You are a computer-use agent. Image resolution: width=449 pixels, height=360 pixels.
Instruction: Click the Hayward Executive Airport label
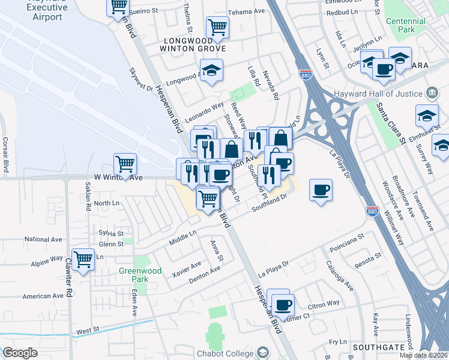pos(47,11)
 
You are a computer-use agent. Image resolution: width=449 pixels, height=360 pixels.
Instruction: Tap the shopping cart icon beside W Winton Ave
pos(125,163)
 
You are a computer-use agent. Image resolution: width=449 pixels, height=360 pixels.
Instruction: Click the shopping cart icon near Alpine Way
pos(83,259)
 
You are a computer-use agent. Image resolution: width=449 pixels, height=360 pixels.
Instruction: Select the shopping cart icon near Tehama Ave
pos(217,26)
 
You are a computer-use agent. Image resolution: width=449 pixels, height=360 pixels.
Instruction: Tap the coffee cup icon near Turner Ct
pos(283,303)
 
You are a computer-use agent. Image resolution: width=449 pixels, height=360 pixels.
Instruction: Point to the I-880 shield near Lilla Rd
pos(304,74)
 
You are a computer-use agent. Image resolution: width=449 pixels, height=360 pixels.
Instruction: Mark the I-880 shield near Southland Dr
pos(372,211)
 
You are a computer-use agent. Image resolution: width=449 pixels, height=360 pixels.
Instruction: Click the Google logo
pos(20,353)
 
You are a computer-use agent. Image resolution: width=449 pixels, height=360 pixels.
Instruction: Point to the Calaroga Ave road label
pos(336,274)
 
